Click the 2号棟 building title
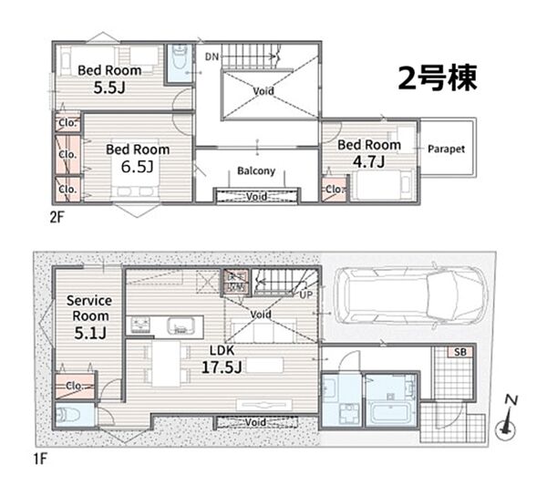[438, 78]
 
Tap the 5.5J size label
[109, 88]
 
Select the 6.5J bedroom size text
[137, 167]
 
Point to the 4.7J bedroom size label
[368, 161]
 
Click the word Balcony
[256, 170]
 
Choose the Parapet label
[446, 149]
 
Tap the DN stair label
[212, 57]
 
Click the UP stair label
[306, 294]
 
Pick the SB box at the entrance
[460, 352]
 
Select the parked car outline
[410, 296]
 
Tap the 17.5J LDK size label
[222, 367]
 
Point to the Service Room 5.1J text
[89, 316]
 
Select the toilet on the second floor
[180, 59]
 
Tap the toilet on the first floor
[69, 415]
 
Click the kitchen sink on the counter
[180, 326]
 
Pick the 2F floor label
[57, 218]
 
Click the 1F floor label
[40, 459]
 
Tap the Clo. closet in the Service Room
[75, 386]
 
